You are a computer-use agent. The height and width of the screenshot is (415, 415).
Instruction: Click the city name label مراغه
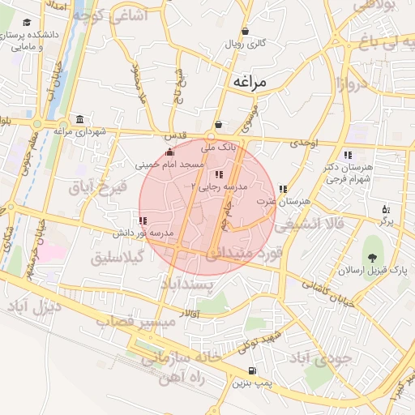coord(250,82)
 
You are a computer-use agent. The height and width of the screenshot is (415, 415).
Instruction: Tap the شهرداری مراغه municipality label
coord(75,130)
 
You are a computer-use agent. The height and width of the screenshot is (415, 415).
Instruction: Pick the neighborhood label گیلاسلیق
coord(118,258)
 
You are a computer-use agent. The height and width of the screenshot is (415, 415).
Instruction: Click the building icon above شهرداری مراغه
coord(79,118)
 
